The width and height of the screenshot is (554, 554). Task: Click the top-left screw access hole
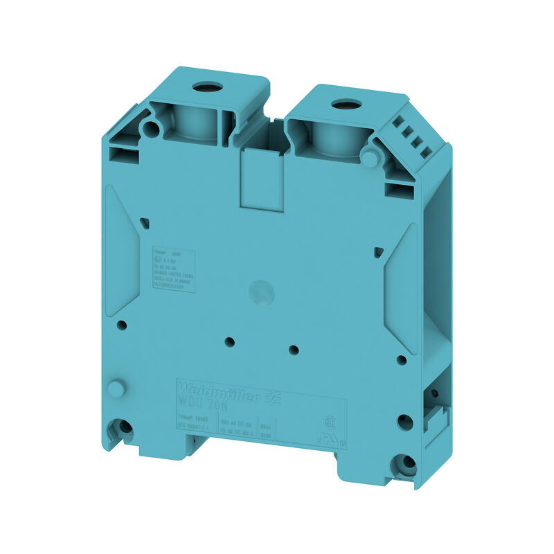[x=206, y=88]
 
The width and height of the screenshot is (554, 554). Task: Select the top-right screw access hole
[x=341, y=105]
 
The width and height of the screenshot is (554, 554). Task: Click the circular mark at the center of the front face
[x=262, y=294]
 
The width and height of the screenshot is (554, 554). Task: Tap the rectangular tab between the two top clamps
[x=262, y=178]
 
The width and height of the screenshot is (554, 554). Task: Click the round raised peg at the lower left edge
[x=116, y=389]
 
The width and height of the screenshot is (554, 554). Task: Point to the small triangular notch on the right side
[x=378, y=252]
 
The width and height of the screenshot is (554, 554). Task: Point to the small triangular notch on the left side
[x=144, y=222]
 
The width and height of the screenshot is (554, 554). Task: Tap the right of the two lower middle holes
[x=294, y=349]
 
